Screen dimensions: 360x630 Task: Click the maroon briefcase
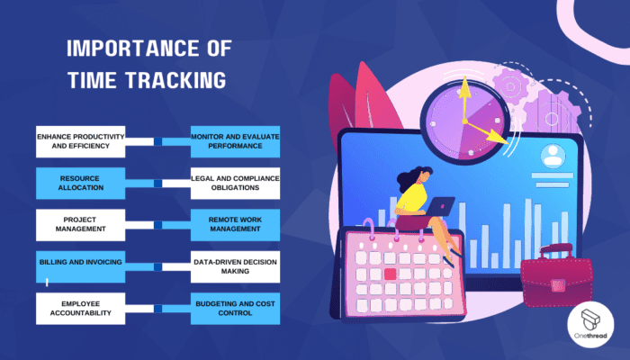tap(557, 274)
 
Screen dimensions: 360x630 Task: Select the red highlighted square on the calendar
tap(391, 273)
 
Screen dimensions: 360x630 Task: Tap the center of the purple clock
tap(464, 121)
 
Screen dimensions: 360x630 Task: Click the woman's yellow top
tap(415, 195)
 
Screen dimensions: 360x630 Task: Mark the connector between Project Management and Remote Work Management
tap(158, 224)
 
